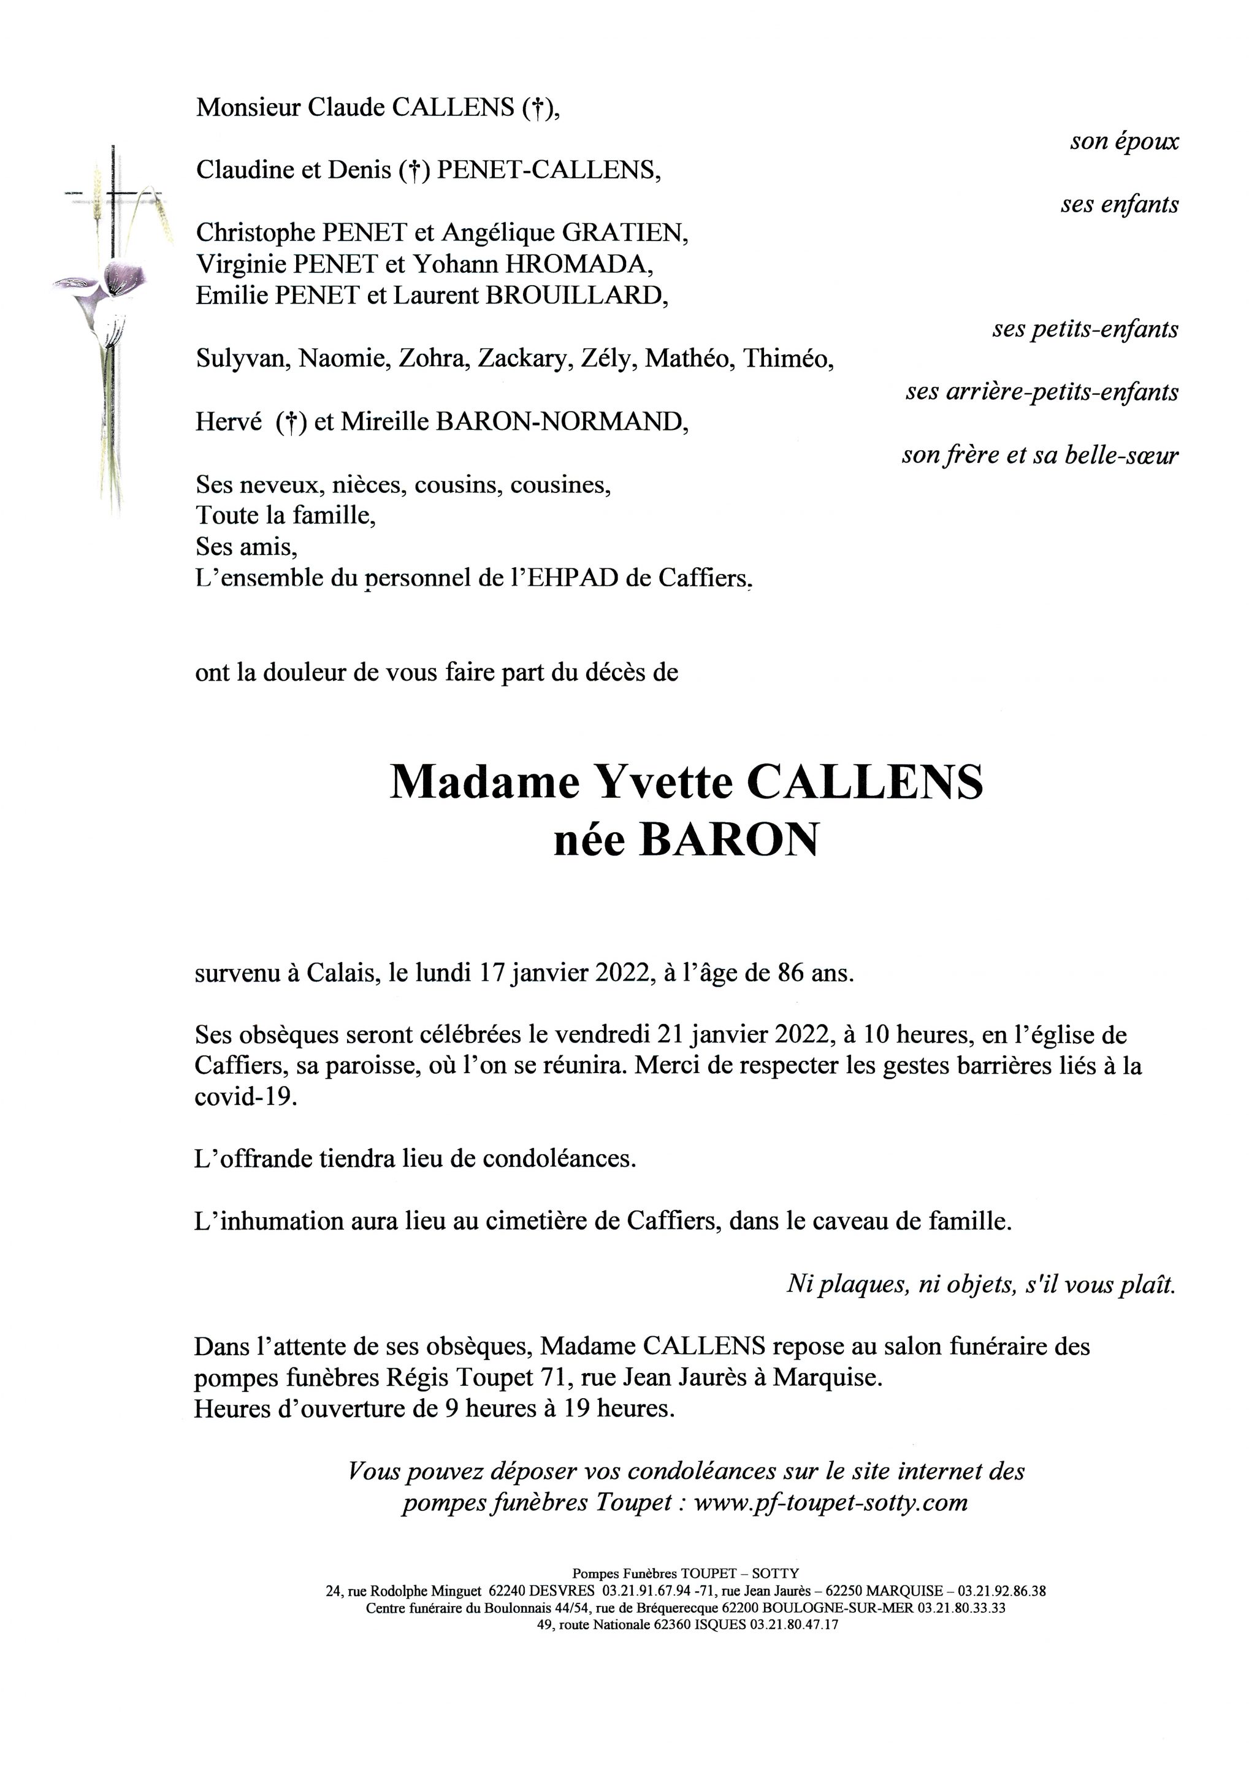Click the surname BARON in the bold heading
[x=728, y=841]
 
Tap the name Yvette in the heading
[x=662, y=782]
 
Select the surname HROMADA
[x=578, y=264]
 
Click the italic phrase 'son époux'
[x=1124, y=142]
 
